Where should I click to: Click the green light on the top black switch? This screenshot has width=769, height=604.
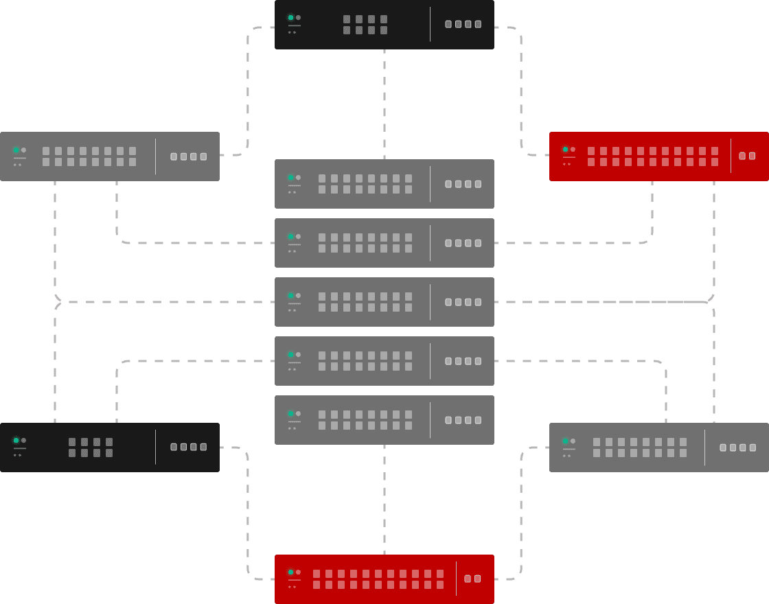pyautogui.click(x=290, y=18)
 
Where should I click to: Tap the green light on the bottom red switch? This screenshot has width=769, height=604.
pyautogui.click(x=290, y=572)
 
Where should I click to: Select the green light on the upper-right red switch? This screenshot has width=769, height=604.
pyautogui.click(x=565, y=150)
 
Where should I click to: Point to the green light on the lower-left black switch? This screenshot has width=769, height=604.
pyautogui.click(x=16, y=441)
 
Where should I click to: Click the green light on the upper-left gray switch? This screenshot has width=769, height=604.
pyautogui.click(x=16, y=150)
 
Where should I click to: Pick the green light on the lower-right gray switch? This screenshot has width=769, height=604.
pyautogui.click(x=565, y=441)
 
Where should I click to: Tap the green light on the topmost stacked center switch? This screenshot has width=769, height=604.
pyautogui.click(x=290, y=178)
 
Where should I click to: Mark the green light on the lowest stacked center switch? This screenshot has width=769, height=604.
pyautogui.click(x=290, y=414)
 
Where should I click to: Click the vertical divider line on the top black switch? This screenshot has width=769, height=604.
pyautogui.click(x=431, y=25)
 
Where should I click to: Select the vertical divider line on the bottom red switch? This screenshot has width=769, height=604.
pyautogui.click(x=456, y=579)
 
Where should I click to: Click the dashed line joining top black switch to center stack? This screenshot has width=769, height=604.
pyautogui.click(x=384, y=103)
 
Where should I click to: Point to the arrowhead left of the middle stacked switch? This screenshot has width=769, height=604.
pyautogui.click(x=58, y=302)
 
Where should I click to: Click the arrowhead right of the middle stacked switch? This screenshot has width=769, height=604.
pyautogui.click(x=710, y=299)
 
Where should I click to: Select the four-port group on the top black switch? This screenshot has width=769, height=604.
pyautogui.click(x=463, y=24)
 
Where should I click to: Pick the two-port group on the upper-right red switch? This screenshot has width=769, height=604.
pyautogui.click(x=747, y=156)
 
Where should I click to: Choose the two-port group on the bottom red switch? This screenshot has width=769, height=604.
pyautogui.click(x=472, y=579)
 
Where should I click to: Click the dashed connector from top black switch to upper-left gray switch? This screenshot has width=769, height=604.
pyautogui.click(x=247, y=89)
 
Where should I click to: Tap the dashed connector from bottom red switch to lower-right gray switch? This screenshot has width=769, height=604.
pyautogui.click(x=522, y=515)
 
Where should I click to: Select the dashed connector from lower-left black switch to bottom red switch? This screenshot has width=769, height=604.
pyautogui.click(x=247, y=515)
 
